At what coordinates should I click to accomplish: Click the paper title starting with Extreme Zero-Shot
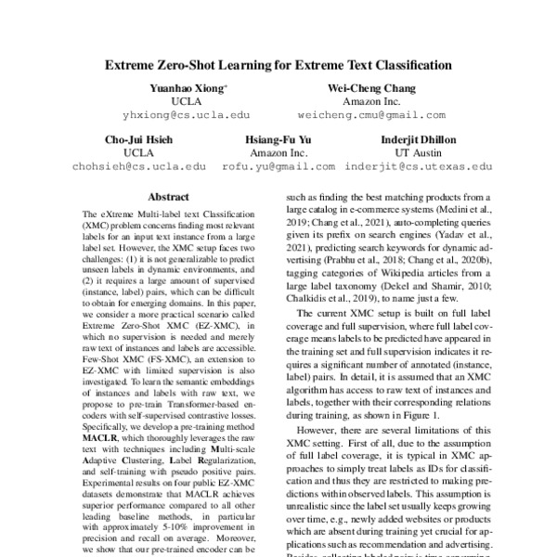coord(278,66)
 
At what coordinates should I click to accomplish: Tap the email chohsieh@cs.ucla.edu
coord(139,168)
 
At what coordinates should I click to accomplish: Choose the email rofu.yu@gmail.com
coord(278,168)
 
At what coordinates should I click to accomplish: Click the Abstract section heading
coord(168,198)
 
